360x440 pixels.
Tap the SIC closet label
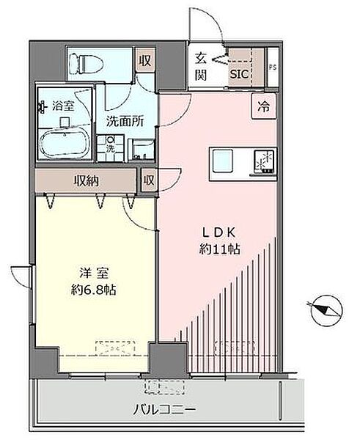point(240,73)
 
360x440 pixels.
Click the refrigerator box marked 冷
point(262,106)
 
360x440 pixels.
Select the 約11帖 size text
point(218,249)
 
